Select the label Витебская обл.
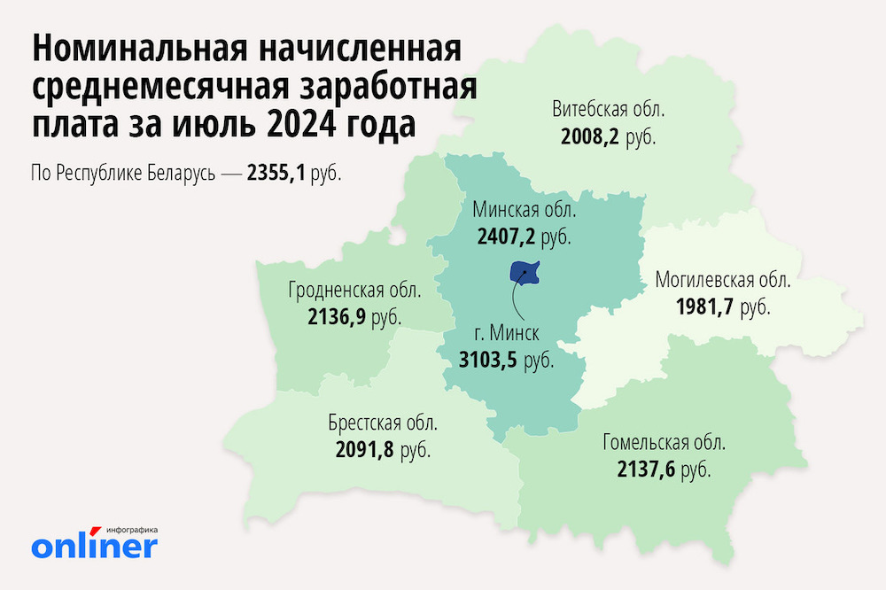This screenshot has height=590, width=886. pos(608,112)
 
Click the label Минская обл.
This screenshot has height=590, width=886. pos(525,212)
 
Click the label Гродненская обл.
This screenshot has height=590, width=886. pos(354,291)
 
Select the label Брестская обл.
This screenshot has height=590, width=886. pos(383,423)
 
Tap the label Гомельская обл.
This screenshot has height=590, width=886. pos(664,442)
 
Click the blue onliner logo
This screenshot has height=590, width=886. pos(94,545)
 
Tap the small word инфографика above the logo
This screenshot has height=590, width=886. pos(130,529)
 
